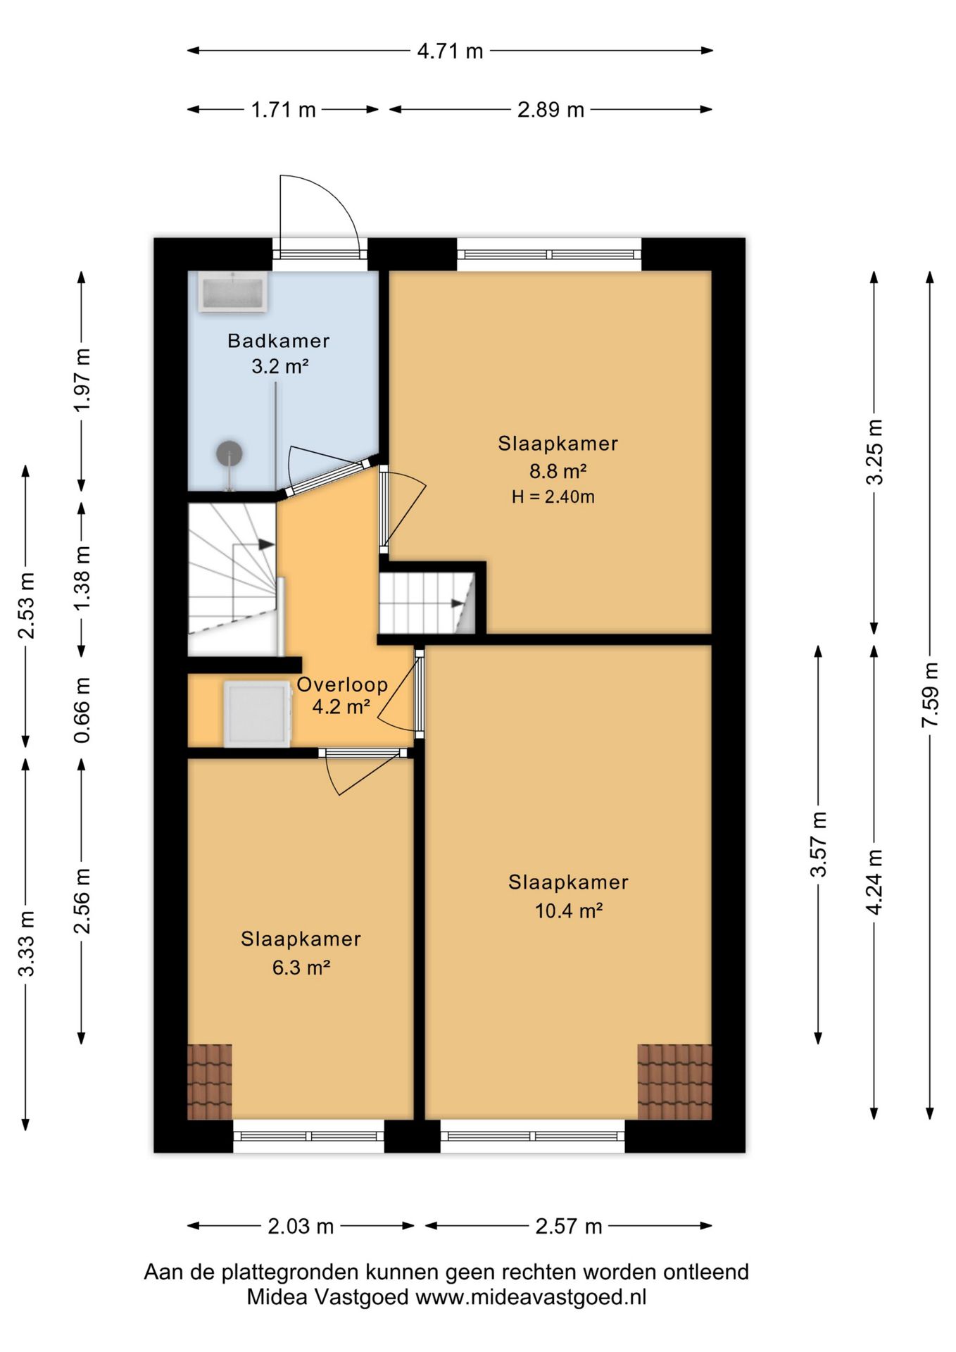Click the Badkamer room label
(x=278, y=341)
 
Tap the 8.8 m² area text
(x=558, y=470)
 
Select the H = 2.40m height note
(x=553, y=496)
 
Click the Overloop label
(x=342, y=684)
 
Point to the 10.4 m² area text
(x=569, y=910)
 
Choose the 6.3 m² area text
(x=301, y=967)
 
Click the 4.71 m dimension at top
(x=450, y=51)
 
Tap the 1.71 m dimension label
(x=284, y=110)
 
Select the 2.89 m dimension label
(x=551, y=110)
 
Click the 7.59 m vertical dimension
(x=930, y=695)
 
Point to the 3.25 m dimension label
(x=874, y=452)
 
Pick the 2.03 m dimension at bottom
(x=301, y=1226)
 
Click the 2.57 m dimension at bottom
(x=569, y=1226)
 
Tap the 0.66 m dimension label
(x=82, y=710)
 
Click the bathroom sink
(x=232, y=292)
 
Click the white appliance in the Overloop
(x=258, y=713)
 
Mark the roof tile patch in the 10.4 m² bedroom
(x=674, y=1082)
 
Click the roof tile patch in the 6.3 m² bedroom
(x=210, y=1082)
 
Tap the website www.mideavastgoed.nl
(x=531, y=1296)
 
